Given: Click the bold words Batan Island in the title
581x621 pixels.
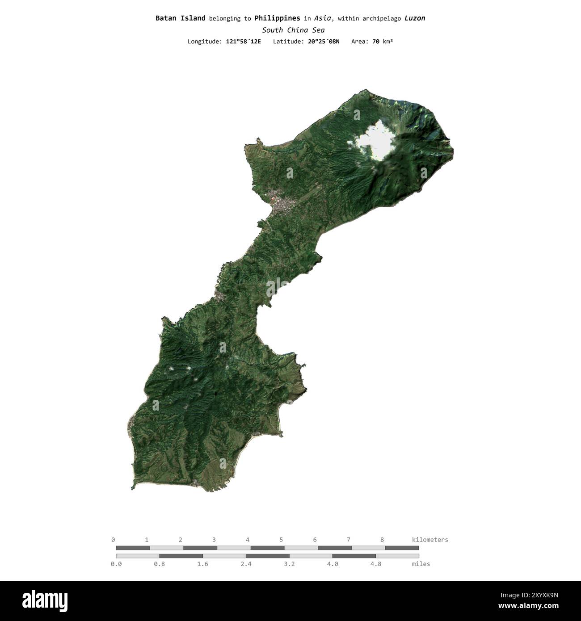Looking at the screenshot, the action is coord(180,18).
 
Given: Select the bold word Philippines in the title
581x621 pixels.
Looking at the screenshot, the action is coord(277,18).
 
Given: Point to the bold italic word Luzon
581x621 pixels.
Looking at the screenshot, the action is coord(415,18).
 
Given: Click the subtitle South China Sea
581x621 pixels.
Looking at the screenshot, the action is coord(293,30).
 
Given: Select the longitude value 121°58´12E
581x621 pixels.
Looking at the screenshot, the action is coord(243,42).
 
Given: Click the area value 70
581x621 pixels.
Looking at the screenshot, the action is coord(376,42).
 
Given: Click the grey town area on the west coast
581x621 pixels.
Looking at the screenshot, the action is coord(282,206).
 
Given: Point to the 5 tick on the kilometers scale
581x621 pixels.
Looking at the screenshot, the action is coord(281,540).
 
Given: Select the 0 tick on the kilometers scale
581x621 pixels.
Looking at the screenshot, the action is coord(113,540).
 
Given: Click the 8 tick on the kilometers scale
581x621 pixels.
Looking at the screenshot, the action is coord(382,540).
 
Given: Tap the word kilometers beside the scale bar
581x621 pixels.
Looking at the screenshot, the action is coord(429,540).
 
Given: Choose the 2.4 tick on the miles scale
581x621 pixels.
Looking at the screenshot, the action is coord(246,564).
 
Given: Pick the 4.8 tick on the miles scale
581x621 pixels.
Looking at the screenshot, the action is coord(376,564).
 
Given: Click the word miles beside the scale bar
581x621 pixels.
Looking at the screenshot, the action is coord(421,564).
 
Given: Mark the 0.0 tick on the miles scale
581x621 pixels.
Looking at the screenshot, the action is coord(116,564).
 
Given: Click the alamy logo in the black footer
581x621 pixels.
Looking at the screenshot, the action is coord(45,601).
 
